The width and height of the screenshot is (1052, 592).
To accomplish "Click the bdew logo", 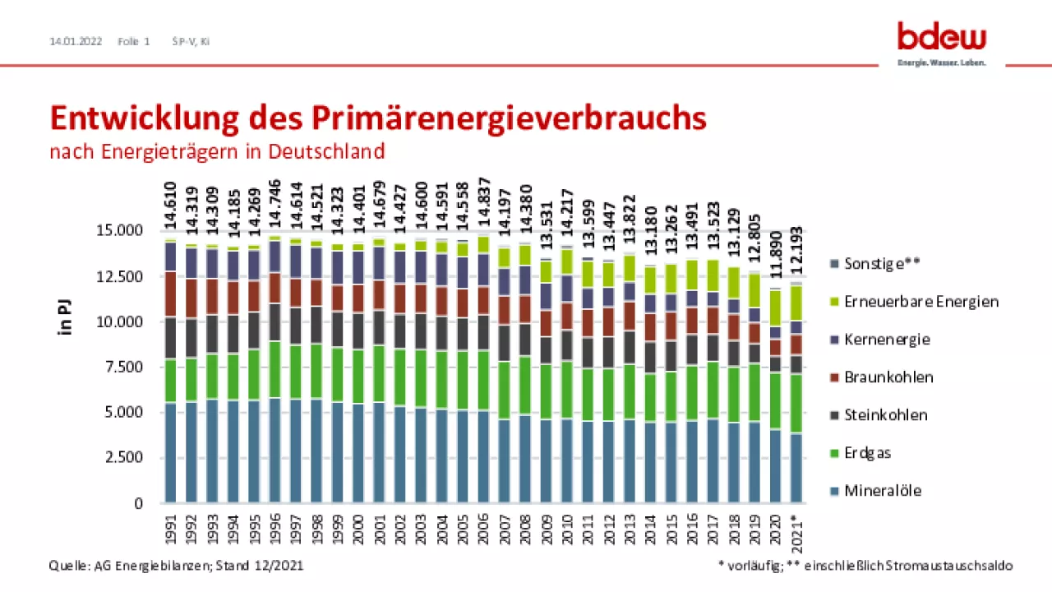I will pos(941,39).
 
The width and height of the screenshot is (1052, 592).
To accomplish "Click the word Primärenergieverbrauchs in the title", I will pos(509,118).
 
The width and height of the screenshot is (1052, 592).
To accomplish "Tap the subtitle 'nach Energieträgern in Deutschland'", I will pos(217,151).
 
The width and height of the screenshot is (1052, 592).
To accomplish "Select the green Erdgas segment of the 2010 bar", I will pos(566,390).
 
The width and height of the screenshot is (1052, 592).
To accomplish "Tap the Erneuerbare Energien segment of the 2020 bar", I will pos(775,308).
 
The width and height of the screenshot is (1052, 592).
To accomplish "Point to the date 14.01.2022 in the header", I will pos(76,40).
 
